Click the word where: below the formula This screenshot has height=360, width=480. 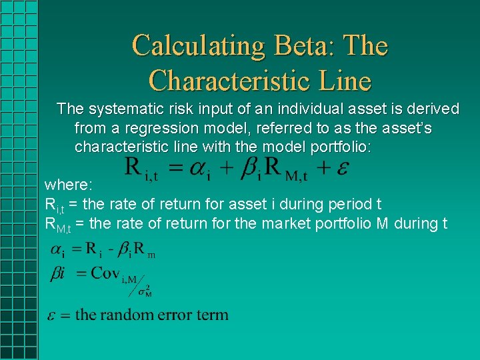[69, 184]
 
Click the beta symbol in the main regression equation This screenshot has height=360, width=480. [249, 167]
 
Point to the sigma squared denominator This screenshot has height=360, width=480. [144, 291]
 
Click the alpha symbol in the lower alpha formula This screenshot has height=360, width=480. [57, 250]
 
